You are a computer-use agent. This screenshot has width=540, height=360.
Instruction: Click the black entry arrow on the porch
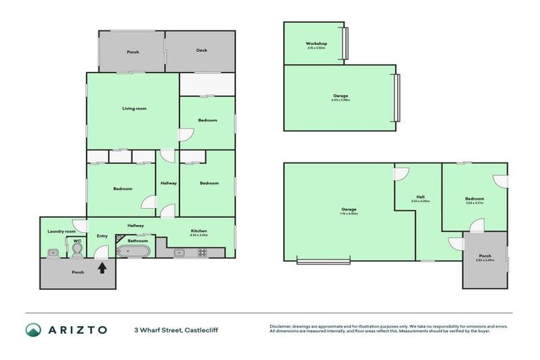coord(103,267)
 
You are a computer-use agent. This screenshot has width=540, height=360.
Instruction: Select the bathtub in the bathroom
coord(132,251)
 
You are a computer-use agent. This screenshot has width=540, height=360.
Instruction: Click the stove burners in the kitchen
coord(202,252)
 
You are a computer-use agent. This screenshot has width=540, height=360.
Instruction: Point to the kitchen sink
coord(179,252)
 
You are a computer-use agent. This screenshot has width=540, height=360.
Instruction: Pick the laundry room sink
coord(52,252)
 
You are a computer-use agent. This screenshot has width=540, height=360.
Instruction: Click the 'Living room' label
coord(134,108)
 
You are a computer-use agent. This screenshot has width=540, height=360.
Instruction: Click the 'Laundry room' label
coord(61,231)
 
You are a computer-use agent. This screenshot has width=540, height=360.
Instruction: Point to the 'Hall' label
coord(420,197)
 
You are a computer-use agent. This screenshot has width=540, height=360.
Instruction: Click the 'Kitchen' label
coord(199,231)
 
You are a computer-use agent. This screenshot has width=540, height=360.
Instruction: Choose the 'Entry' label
coord(102,236)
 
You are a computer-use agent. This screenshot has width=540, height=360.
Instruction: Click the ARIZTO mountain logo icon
coord(33,329)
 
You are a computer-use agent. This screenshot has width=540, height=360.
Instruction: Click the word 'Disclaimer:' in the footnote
coord(281,326)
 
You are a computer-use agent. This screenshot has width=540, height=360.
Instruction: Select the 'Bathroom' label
coord(137,240)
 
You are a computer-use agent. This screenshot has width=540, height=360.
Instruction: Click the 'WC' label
coord(77,239)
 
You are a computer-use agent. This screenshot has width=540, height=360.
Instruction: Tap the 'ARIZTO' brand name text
coord(78,329)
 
